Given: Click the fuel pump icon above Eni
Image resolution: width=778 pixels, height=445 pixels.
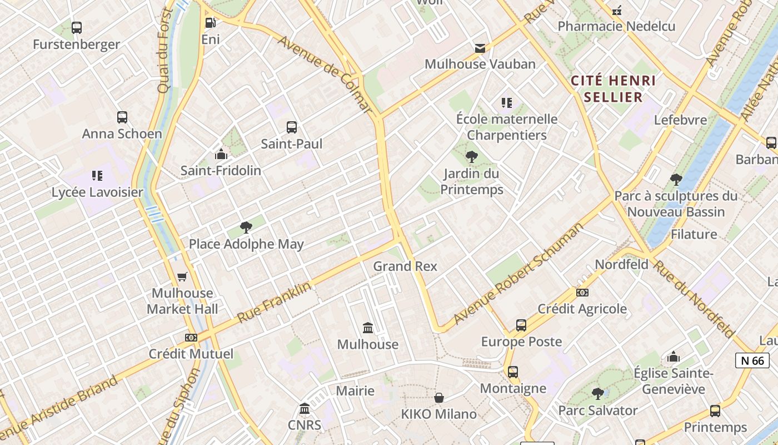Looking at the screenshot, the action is click(210, 23).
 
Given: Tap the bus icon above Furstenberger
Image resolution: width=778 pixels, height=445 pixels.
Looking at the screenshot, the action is click(77, 28).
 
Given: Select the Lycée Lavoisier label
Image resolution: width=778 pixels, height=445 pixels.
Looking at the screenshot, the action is click(97, 192).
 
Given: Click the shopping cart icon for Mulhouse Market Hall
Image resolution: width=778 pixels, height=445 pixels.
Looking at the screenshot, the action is click(182, 276).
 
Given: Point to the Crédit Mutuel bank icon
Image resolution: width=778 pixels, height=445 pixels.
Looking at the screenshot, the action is click(191, 338).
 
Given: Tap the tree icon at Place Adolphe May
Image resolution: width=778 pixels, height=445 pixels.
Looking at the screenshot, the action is click(246, 227).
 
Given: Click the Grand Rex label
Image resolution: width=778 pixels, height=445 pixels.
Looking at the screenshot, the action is click(405, 266).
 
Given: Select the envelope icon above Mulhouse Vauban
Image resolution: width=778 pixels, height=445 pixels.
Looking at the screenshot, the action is click(480, 48).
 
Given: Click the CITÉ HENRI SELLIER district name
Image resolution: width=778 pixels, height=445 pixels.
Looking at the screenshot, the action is click(614, 89).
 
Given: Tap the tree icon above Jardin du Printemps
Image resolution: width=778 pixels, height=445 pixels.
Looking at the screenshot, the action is click(471, 157).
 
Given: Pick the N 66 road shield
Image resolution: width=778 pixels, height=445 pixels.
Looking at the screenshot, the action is click(752, 360).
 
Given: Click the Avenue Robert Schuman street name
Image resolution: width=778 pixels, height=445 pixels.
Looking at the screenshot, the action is click(518, 274).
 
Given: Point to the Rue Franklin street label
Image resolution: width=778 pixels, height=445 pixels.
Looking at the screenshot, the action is click(274, 303).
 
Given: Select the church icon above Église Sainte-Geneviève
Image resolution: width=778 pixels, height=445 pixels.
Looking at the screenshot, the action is click(674, 357).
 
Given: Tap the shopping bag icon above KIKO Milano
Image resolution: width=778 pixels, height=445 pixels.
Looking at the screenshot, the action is click(439, 398).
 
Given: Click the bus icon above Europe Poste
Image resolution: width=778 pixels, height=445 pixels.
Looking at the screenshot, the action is click(521, 325).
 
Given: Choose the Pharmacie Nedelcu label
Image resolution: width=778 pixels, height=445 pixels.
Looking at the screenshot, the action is click(616, 26).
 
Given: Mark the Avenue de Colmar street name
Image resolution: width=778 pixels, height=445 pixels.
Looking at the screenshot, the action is click(325, 75).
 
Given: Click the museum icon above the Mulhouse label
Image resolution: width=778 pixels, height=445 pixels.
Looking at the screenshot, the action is click(367, 328).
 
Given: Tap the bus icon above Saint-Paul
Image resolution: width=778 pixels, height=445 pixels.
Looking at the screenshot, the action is click(292, 127).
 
